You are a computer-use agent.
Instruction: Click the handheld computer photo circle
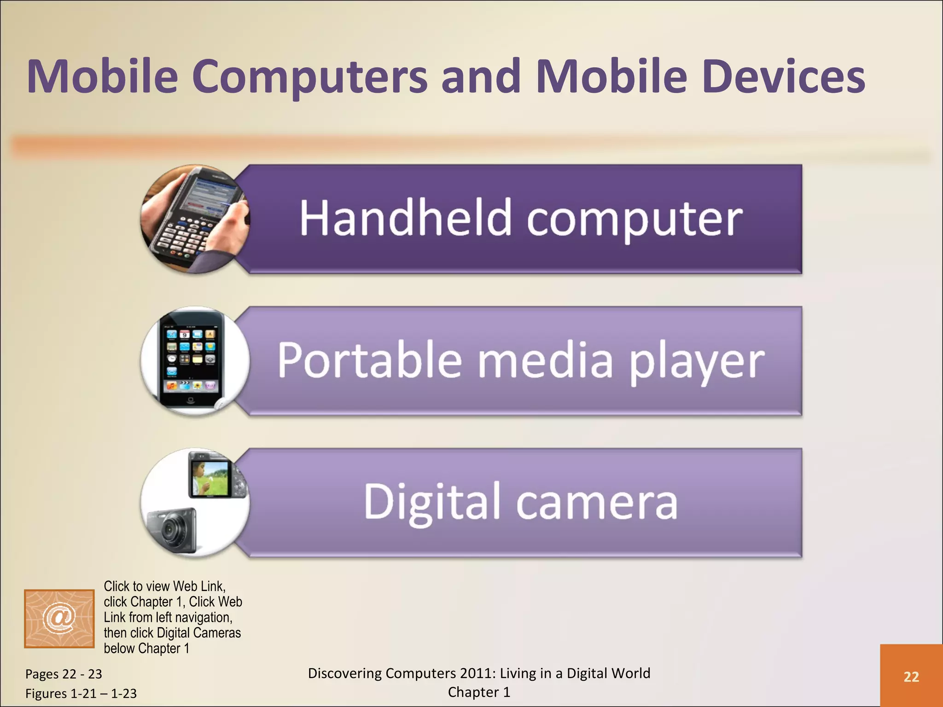195,219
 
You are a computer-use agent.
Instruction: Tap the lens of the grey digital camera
170,530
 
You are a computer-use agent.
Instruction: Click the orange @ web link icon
59,618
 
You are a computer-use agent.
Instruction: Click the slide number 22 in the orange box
911,677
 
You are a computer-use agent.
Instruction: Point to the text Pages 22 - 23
64,674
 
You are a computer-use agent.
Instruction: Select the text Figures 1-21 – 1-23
81,693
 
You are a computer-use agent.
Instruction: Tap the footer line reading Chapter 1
479,692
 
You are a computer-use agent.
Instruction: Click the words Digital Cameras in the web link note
198,633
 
